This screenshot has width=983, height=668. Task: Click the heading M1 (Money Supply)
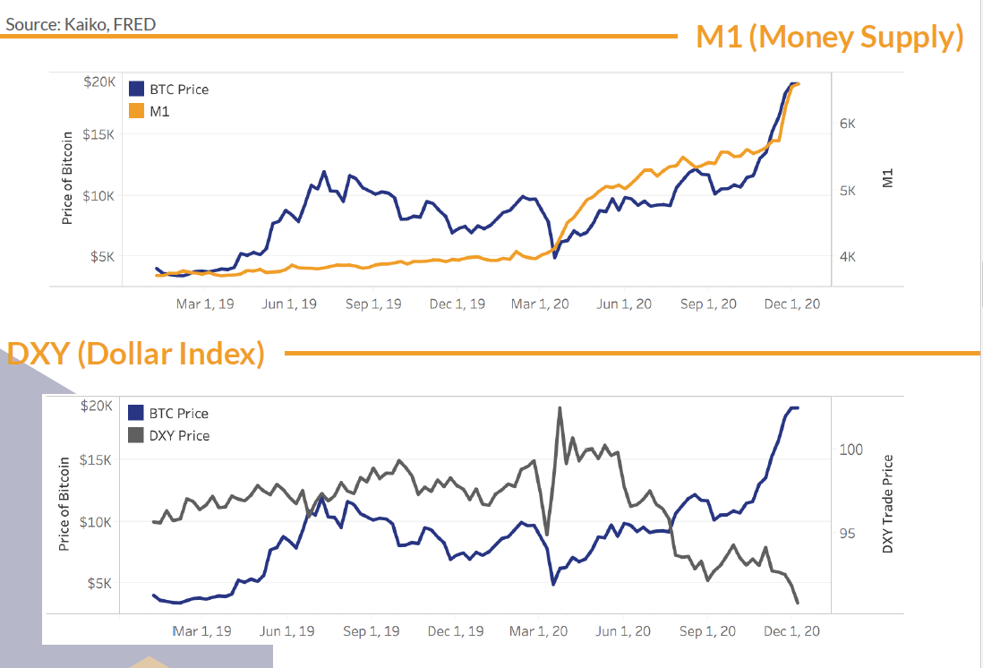click(830, 38)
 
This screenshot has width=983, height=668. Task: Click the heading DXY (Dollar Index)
click(135, 355)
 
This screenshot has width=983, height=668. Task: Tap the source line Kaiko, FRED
click(81, 24)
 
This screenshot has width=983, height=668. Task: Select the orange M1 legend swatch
click(136, 111)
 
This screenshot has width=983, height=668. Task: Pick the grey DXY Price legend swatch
click(136, 435)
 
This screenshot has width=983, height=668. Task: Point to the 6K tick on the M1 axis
click(848, 124)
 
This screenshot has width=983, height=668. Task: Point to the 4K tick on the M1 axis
click(848, 256)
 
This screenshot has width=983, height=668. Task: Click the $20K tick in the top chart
click(98, 81)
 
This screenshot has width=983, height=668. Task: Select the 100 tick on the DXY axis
click(851, 450)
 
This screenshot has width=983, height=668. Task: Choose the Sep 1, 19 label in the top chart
click(373, 304)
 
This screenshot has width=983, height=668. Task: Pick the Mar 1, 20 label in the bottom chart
click(540, 631)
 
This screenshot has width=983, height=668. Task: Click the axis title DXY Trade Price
click(888, 504)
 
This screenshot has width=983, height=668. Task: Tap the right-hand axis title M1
click(888, 179)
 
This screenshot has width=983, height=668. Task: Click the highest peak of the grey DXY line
click(560, 408)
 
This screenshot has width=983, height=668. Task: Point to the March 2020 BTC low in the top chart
click(555, 258)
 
